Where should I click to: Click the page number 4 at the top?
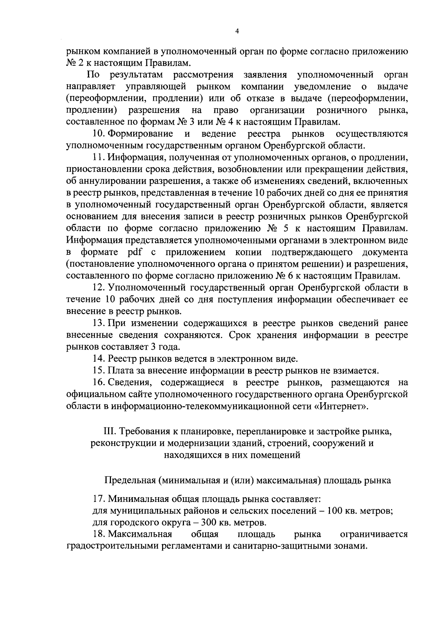pyautogui.click(x=237, y=32)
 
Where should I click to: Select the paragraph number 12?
pyautogui.click(x=99, y=288)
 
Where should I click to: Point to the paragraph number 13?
pyautogui.click(x=99, y=323)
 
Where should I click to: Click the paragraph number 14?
pyautogui.click(x=99, y=359)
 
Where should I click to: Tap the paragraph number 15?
pyautogui.click(x=99, y=371)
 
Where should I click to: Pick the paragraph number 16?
pyautogui.click(x=99, y=383)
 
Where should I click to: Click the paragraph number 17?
pyautogui.click(x=99, y=499)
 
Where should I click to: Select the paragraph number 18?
pyautogui.click(x=99, y=534)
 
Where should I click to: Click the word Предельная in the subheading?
pyautogui.click(x=129, y=480)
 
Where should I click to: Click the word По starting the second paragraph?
pyautogui.click(x=93, y=75)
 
